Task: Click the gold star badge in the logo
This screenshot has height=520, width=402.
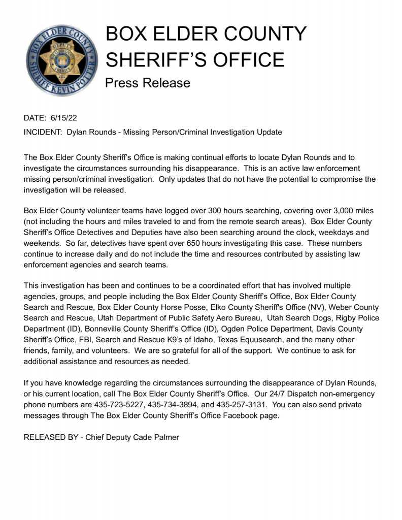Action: (x=62, y=60)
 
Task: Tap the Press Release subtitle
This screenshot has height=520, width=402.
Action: (x=147, y=82)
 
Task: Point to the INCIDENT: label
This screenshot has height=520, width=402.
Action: (x=43, y=132)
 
